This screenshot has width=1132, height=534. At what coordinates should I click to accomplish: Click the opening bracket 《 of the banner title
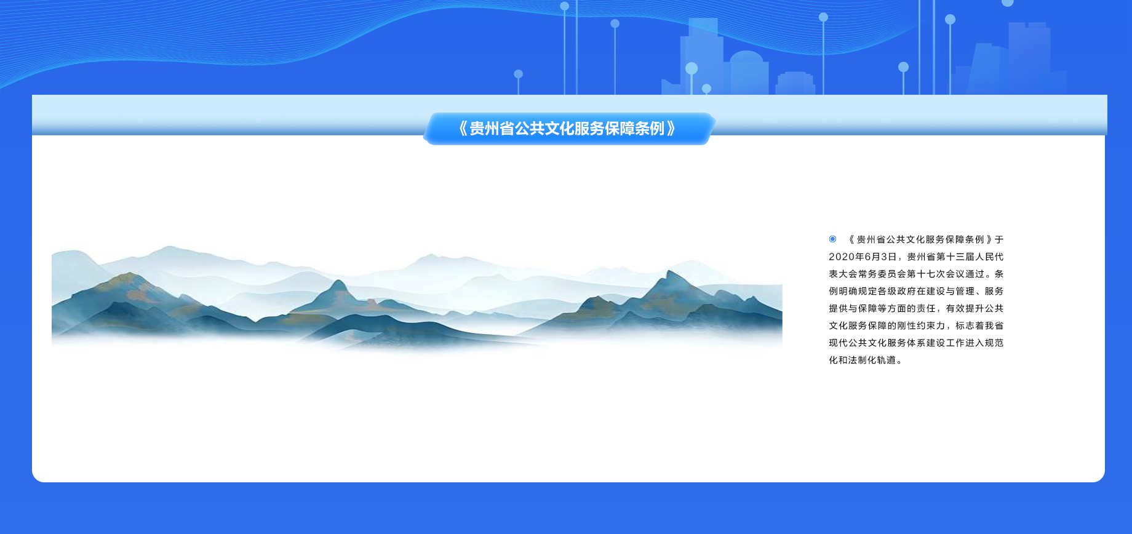pyautogui.click(x=461, y=129)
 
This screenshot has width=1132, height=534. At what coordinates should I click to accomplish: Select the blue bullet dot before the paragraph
pyautogui.click(x=832, y=239)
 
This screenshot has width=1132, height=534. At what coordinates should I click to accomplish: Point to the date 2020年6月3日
pyautogui.click(x=864, y=257)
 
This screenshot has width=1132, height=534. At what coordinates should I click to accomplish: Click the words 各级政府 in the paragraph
pyautogui.click(x=897, y=291)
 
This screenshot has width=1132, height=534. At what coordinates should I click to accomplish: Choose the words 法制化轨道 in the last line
pyautogui.click(x=872, y=360)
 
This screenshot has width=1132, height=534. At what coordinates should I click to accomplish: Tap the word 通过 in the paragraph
pyautogui.click(x=975, y=274)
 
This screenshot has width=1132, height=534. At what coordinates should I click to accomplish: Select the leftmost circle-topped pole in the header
pyautogui.click(x=519, y=83)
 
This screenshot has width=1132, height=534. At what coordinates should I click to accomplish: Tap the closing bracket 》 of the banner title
pyautogui.click(x=671, y=129)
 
